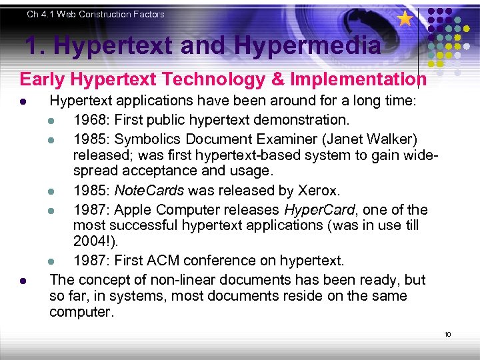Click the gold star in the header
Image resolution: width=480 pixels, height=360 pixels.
tap(405, 19)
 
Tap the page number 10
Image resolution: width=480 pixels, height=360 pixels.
tap(447, 334)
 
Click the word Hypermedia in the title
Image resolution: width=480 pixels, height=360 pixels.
tap(309, 45)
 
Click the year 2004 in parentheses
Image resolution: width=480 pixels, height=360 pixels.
tap(92, 241)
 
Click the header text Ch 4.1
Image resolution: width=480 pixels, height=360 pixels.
tap(43, 14)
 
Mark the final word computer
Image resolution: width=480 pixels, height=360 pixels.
tap(81, 312)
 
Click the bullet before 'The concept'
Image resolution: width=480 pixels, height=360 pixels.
tap(23, 280)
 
